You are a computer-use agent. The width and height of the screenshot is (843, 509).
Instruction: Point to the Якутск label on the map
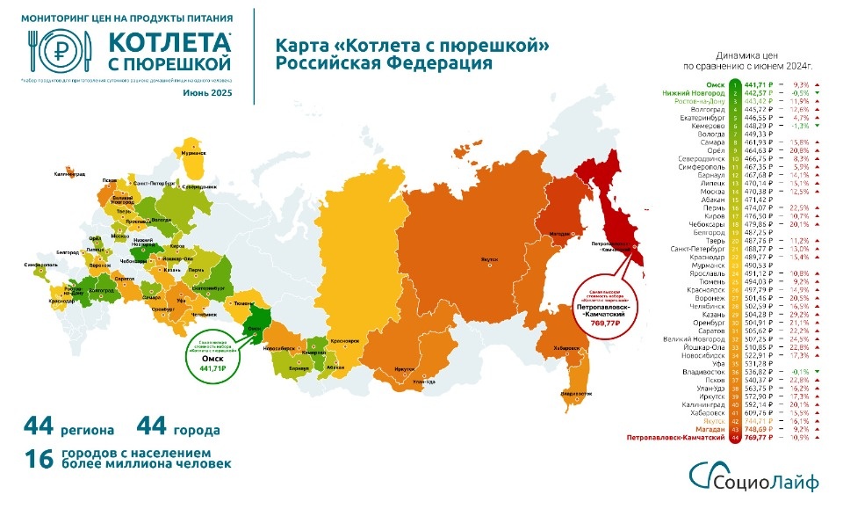click(x=488, y=259)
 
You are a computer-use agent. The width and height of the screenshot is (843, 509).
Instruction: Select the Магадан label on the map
click(x=559, y=234)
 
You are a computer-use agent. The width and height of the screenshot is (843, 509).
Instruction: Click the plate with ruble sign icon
click(x=60, y=51)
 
